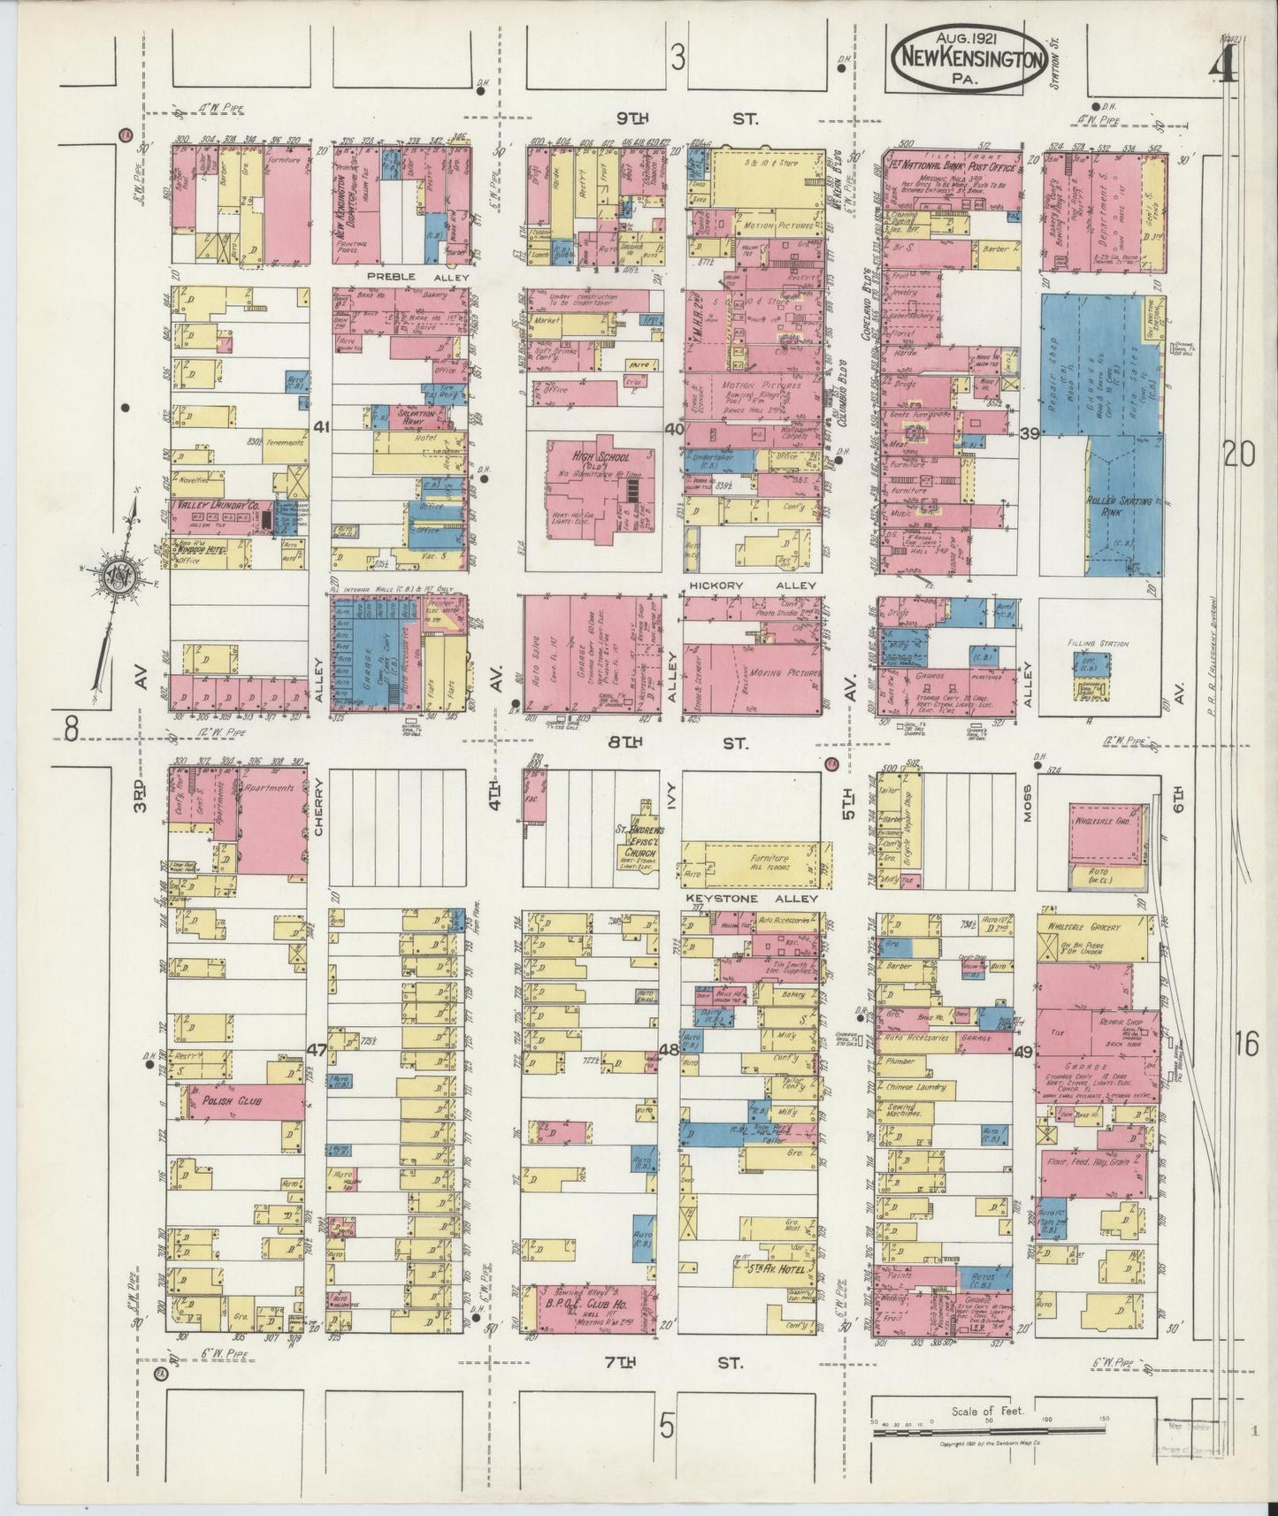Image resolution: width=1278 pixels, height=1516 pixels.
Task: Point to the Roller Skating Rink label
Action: (1119, 507)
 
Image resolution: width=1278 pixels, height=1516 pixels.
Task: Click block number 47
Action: (317, 1050)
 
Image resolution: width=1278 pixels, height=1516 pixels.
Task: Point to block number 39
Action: (1029, 433)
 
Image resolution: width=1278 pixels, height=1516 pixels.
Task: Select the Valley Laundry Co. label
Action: (217, 505)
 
